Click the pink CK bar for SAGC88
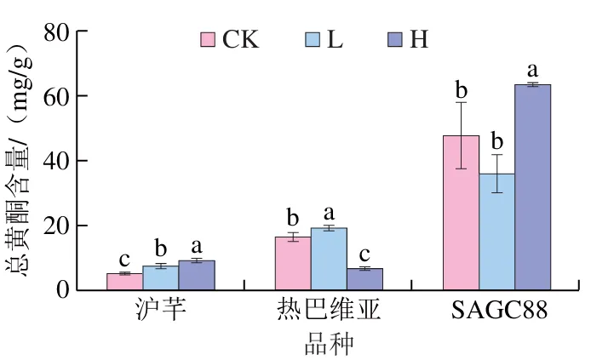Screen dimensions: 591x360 (x=461, y=213)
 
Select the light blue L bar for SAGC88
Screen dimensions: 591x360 (x=496, y=232)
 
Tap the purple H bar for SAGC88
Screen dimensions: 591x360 (x=532, y=187)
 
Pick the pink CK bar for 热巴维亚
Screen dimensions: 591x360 (x=293, y=264)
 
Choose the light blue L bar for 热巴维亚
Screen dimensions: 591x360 (x=329, y=259)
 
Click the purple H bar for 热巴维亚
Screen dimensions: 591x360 (x=364, y=279)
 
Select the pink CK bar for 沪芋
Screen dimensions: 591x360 (x=125, y=282)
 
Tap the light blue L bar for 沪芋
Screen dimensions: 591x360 (x=161, y=278)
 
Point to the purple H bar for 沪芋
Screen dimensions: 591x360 (x=197, y=275)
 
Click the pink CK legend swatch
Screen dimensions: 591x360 (x=208, y=39)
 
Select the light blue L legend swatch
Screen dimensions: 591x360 (x=313, y=39)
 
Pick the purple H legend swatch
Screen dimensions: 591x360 (x=395, y=39)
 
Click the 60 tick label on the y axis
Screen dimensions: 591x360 (x=56, y=96)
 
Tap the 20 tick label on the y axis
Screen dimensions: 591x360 (x=56, y=226)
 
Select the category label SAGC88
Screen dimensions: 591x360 (x=499, y=311)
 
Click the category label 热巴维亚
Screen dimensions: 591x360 (x=329, y=311)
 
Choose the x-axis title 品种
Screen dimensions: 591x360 (x=329, y=344)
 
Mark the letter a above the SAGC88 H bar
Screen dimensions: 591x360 (x=532, y=71)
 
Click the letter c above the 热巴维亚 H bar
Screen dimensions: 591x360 (x=364, y=255)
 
